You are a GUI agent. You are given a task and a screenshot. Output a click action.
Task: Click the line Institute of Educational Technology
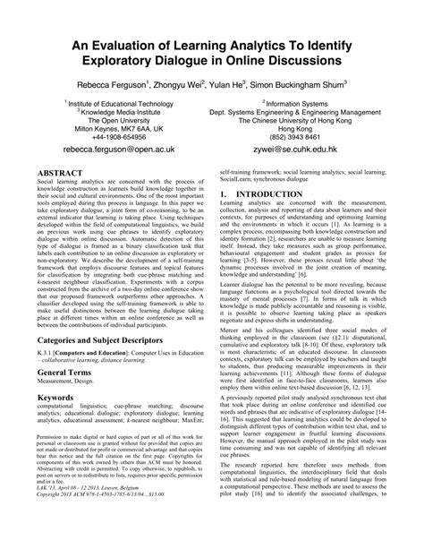(120, 105)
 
